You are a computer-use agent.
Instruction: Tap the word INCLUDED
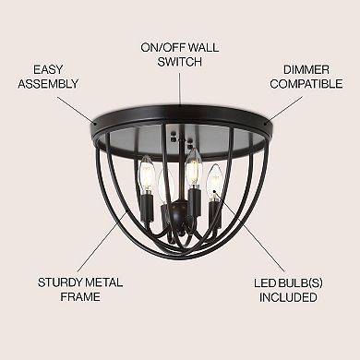pyautogui.click(x=286, y=298)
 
